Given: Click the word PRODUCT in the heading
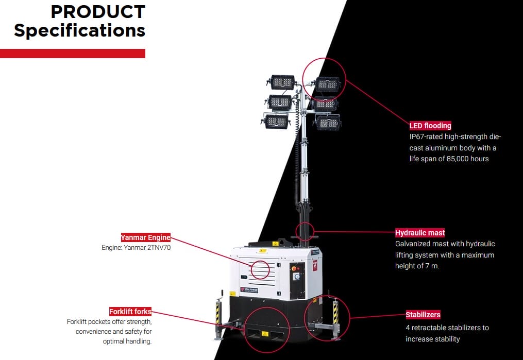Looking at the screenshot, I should pyautogui.click(x=97, y=11).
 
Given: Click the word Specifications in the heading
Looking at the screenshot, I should pyautogui.click(x=79, y=30).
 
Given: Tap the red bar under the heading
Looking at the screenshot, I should pyautogui.click(x=72, y=54).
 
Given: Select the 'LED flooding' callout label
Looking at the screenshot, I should pyautogui.click(x=430, y=126).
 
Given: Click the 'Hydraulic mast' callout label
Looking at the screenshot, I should pyautogui.click(x=420, y=233).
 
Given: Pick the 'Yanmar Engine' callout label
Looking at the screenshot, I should pyautogui.click(x=145, y=237).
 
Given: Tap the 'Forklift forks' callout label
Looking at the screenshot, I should pyautogui.click(x=130, y=312).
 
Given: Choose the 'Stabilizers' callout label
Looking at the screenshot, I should pyautogui.click(x=423, y=315).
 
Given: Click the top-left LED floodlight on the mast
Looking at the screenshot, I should pyautogui.click(x=281, y=82).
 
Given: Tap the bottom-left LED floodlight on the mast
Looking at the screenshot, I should pyautogui.click(x=277, y=122).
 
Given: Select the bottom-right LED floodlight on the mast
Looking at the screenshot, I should pyautogui.click(x=328, y=122).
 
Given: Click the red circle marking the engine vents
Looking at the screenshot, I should pyautogui.click(x=260, y=269).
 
